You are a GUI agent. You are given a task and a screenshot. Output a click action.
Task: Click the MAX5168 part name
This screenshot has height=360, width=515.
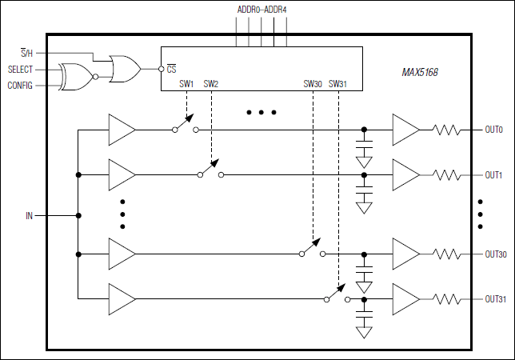[420, 72]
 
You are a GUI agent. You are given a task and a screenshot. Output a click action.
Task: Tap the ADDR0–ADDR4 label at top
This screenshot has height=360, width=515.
[261, 10]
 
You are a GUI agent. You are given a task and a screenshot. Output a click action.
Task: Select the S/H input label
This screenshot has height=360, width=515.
[26, 53]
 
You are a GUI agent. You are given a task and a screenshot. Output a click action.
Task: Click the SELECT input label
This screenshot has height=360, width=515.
[21, 70]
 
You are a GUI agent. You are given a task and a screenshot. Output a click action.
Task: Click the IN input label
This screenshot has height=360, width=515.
[30, 215]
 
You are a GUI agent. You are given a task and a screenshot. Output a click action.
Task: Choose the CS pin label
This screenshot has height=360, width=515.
[171, 70]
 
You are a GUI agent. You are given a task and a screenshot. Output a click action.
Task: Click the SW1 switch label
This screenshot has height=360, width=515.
[186, 83]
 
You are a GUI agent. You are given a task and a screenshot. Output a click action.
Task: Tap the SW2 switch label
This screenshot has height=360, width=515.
[211, 83]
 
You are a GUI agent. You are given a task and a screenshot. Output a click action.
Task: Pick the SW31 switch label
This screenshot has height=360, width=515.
[338, 83]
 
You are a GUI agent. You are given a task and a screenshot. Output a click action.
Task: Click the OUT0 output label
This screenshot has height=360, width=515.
[493, 129]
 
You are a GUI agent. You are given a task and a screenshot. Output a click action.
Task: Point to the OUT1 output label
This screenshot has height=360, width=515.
[493, 174]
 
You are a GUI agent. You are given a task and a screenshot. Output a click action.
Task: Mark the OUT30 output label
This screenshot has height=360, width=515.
[496, 254]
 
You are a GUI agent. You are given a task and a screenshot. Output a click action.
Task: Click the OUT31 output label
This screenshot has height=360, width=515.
[496, 299]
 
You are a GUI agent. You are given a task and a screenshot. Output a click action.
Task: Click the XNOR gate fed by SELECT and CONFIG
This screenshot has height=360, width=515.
[77, 77]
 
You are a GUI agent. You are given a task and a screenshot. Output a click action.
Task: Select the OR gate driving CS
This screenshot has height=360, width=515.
[125, 70]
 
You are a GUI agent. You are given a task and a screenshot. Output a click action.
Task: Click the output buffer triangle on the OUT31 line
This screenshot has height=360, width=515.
[405, 299]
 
